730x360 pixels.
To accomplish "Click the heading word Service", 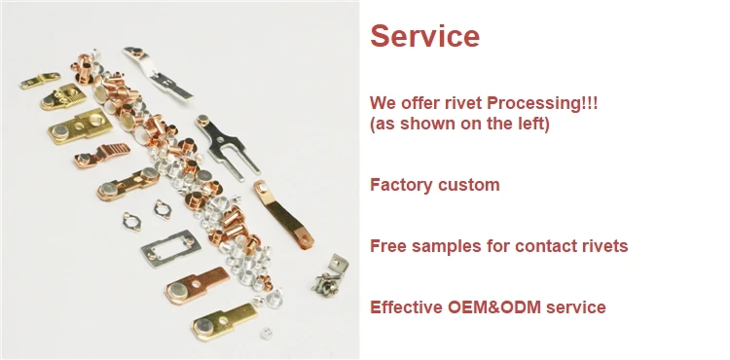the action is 424,36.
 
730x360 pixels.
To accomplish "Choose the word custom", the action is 468,185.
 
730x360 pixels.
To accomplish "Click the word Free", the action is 388,245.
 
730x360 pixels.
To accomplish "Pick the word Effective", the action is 407,307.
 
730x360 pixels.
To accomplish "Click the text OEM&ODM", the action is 494,307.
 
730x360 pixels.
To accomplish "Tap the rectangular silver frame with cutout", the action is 171,248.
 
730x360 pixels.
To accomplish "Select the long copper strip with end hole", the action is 282,213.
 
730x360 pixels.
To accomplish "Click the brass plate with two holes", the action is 80,126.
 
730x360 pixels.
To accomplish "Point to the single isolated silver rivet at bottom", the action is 267,333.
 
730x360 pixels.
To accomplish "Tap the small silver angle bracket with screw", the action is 330,275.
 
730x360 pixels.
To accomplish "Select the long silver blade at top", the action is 158,73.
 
